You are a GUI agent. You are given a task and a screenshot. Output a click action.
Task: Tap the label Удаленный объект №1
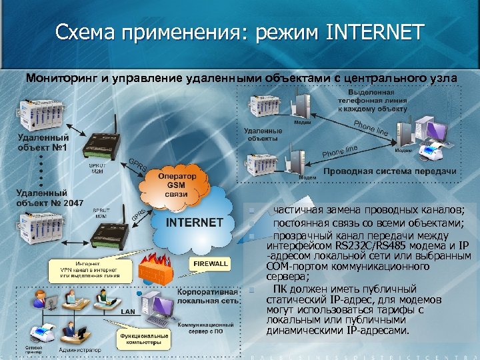(41, 142)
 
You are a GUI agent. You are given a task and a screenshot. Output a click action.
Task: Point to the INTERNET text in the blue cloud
(194, 222)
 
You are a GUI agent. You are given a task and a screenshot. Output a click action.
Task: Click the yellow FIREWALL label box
(211, 264)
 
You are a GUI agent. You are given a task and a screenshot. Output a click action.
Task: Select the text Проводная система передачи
(389, 171)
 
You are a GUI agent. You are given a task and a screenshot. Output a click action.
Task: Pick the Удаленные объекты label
(263, 135)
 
